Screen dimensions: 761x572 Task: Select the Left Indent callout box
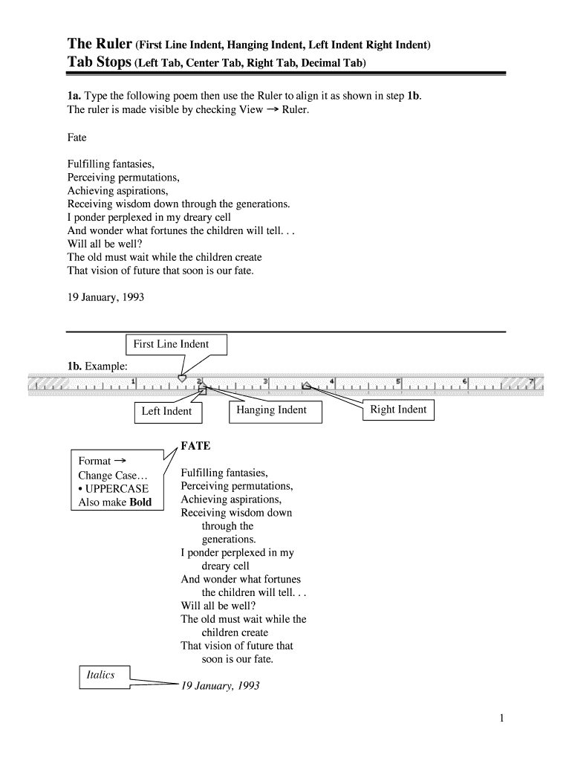(166, 412)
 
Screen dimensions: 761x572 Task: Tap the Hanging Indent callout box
(271, 410)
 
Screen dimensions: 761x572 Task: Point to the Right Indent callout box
(398, 409)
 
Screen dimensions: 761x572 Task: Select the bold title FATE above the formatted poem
(196, 446)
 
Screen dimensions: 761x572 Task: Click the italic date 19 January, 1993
(220, 686)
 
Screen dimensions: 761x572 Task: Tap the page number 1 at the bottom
(503, 718)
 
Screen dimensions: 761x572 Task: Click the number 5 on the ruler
(399, 381)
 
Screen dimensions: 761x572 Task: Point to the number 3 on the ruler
(265, 381)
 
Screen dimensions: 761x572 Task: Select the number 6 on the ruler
(465, 381)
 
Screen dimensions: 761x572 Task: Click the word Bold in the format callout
(140, 502)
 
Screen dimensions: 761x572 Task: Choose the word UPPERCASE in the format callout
(117, 489)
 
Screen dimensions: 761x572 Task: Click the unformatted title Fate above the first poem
(77, 137)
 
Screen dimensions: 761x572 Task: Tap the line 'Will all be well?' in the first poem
(105, 244)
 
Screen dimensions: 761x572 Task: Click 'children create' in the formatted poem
(235, 632)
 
